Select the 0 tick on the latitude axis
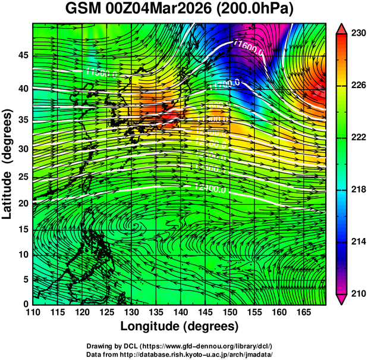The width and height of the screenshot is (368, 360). click(x=25, y=303)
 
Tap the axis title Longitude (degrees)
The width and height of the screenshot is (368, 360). click(x=179, y=327)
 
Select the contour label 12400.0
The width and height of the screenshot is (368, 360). click(x=210, y=189)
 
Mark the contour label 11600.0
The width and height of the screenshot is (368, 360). click(x=248, y=47)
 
